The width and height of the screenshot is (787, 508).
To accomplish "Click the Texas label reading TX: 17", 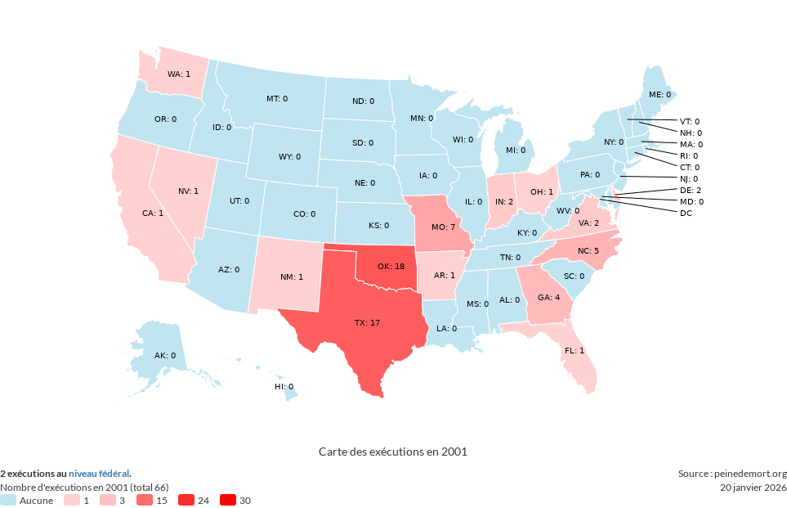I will pos(367,323).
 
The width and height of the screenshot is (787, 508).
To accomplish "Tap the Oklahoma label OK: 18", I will pos(391,267).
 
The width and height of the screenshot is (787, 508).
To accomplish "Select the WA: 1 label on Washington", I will pos(178,74).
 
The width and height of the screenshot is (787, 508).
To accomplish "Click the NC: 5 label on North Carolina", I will pos(588,250).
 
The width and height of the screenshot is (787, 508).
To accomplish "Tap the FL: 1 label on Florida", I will pos(574,350).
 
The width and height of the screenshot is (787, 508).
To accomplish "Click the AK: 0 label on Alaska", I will pos(165,356).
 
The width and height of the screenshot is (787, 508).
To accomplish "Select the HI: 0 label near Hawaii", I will pos(284,386).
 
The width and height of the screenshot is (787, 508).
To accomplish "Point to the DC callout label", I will pos(686,213).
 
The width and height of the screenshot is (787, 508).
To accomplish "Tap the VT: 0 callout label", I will pos(690,121).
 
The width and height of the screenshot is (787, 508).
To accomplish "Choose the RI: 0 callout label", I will pos(689,155).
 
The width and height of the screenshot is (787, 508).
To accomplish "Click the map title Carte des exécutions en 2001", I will pos(392,452).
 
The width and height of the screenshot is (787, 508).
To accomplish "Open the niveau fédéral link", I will pos(98,474).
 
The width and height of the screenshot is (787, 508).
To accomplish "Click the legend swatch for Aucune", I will pos(8,500).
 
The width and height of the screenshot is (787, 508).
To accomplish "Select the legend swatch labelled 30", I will pos(227,500).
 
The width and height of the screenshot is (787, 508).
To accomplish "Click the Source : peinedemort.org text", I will pos(732,474).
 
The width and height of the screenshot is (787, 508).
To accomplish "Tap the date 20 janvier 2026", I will pos(753,488).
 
